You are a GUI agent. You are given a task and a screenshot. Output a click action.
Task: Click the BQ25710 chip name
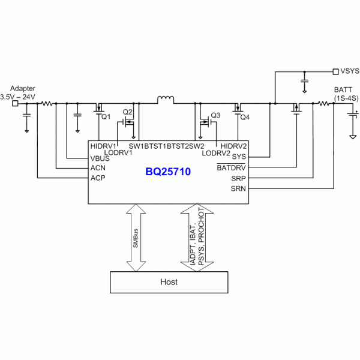pyautogui.click(x=167, y=172)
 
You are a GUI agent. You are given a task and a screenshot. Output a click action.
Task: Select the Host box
pyautogui.click(x=169, y=281)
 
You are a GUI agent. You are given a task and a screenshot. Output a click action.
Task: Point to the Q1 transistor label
pyautogui.click(x=106, y=117)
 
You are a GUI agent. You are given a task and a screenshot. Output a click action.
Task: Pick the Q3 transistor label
pyautogui.click(x=216, y=115)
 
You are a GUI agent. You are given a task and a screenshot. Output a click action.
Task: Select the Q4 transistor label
pyautogui.click(x=244, y=117)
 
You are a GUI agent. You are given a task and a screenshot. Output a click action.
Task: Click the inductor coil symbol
pyautogui.click(x=165, y=98)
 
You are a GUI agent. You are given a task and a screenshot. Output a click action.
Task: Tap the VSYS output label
pyautogui.click(x=350, y=71)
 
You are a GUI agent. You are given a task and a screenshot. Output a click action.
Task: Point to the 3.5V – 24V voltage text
pyautogui.click(x=17, y=96)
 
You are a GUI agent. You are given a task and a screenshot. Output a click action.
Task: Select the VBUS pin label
pyautogui.click(x=100, y=158)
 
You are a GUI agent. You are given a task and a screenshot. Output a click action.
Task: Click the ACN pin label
pyautogui.click(x=98, y=168)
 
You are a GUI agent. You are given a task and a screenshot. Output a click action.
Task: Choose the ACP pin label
pyautogui.click(x=98, y=178)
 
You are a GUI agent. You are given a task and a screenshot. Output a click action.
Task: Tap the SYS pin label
pyautogui.click(x=239, y=157)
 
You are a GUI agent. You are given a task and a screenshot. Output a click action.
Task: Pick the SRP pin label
pyautogui.click(x=238, y=178)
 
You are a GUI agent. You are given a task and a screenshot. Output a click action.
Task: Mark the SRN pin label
pyautogui.click(x=238, y=189)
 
